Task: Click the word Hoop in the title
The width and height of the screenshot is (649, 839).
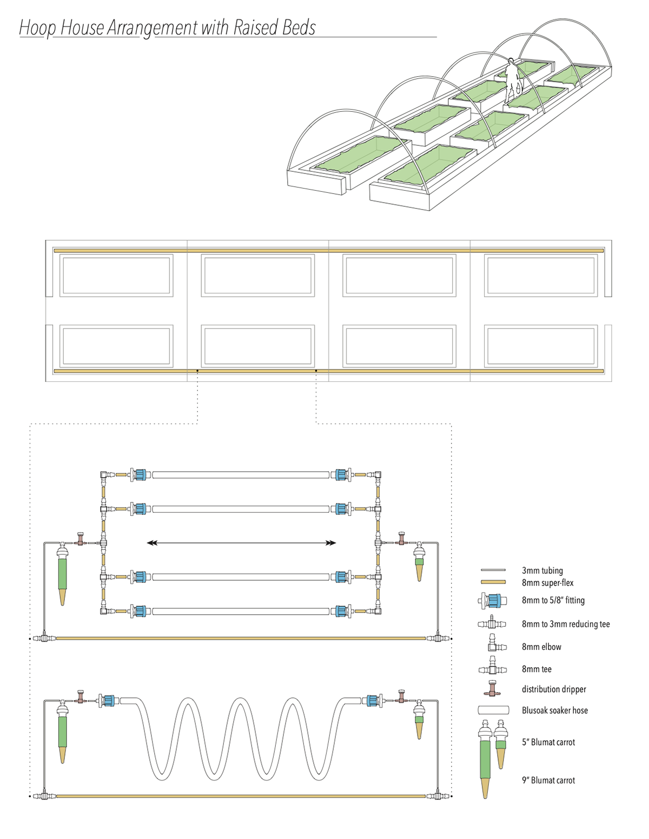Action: click(37, 28)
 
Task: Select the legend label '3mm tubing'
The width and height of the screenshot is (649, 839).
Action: click(542, 570)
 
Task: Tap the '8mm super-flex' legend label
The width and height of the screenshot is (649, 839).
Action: click(547, 583)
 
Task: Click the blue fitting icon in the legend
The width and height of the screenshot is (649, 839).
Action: click(493, 600)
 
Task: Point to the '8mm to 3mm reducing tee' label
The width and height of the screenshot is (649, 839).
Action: click(565, 625)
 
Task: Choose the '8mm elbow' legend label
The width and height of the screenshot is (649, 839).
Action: click(541, 647)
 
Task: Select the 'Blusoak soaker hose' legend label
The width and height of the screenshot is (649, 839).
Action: click(554, 710)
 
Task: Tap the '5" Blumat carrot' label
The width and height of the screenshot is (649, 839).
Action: click(548, 742)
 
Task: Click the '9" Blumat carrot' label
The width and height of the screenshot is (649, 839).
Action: click(548, 780)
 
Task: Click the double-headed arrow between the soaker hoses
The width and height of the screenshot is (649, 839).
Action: click(241, 543)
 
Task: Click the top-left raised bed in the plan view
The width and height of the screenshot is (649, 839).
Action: click(116, 276)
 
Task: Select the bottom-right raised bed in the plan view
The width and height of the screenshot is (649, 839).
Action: click(541, 345)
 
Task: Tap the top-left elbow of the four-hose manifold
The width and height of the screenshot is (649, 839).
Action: click(103, 475)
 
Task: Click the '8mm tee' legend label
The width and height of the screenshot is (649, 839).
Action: click(537, 669)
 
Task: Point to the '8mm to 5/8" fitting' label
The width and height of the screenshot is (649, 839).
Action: click(553, 600)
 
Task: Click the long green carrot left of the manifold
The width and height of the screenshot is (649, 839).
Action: click(63, 573)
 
